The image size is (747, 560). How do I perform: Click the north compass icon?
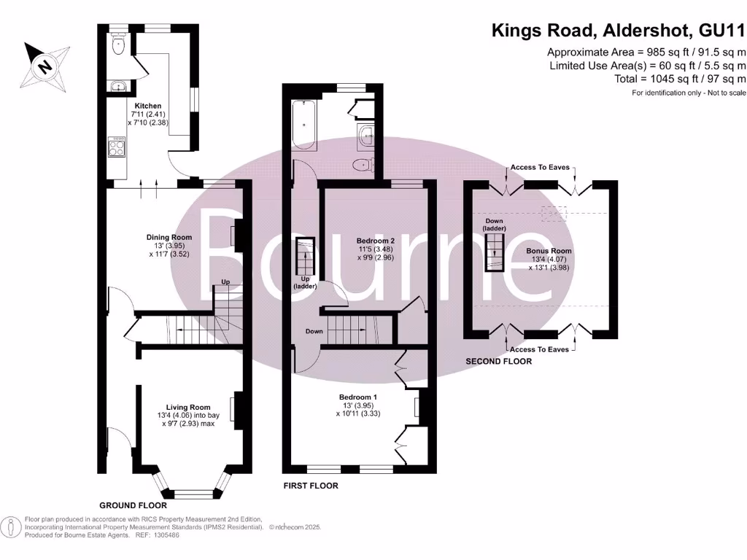coord(45,65)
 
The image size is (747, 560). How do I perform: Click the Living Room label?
coord(187,408)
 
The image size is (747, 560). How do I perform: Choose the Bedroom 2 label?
coord(376,241)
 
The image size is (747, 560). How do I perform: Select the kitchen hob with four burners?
coord(117,148)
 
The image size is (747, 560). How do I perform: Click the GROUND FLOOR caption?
coord(133,505)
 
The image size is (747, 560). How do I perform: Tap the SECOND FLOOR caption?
coord(499,361)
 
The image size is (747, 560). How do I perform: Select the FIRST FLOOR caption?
coord(310,485)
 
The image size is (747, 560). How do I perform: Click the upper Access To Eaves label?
coord(540,168)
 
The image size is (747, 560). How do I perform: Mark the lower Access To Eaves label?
coord(540,350)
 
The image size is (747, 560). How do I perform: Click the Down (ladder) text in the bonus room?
coord(495,225)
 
